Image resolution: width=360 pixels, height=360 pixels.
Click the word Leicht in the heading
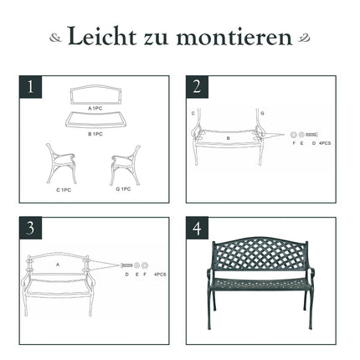[x=102, y=36]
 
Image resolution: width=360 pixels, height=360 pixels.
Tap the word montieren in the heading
[x=234, y=36]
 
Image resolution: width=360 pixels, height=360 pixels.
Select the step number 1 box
[x=30, y=87]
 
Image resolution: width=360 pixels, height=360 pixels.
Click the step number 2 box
[x=197, y=87]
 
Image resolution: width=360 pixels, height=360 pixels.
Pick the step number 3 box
[x=30, y=228]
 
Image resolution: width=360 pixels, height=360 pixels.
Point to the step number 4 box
[x=197, y=228]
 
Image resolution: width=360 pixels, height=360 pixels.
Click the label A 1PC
[x=95, y=108]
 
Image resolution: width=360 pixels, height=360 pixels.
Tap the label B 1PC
[x=95, y=134]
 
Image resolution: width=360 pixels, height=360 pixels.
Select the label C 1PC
[x=64, y=190]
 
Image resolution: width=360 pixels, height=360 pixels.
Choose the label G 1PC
[x=123, y=189]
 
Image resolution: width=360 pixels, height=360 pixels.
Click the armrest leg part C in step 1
[x=61, y=163]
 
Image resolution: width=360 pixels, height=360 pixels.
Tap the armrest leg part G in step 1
[x=126, y=165]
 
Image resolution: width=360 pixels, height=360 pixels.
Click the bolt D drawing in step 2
[x=311, y=135]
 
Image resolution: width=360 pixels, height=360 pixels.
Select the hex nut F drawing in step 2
[x=293, y=135]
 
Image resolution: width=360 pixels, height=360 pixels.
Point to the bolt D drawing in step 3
[x=126, y=265]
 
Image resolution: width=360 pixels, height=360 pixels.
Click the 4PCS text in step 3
[x=160, y=275]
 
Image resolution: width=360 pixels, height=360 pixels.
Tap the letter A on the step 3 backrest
[x=58, y=265]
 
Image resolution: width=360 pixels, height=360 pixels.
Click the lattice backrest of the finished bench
[x=260, y=253]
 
